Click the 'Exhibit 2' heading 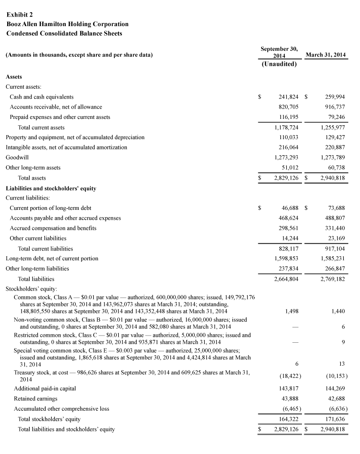pyautogui.click(x=19, y=14)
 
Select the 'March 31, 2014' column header pyautogui.click(x=325, y=55)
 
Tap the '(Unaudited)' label pyautogui.click(x=279, y=64)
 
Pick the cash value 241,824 pyautogui.click(x=286, y=97)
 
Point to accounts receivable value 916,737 pyautogui.click(x=333, y=107)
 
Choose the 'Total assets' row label pyautogui.click(x=32, y=178)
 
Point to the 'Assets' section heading pyautogui.click(x=13, y=77)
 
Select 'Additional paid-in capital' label pyautogui.click(x=45, y=388)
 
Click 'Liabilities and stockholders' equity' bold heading pyautogui.click(x=51, y=188)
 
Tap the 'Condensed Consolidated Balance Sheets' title pyautogui.click(x=64, y=33)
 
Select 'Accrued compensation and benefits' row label pyautogui.click(x=53, y=228)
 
